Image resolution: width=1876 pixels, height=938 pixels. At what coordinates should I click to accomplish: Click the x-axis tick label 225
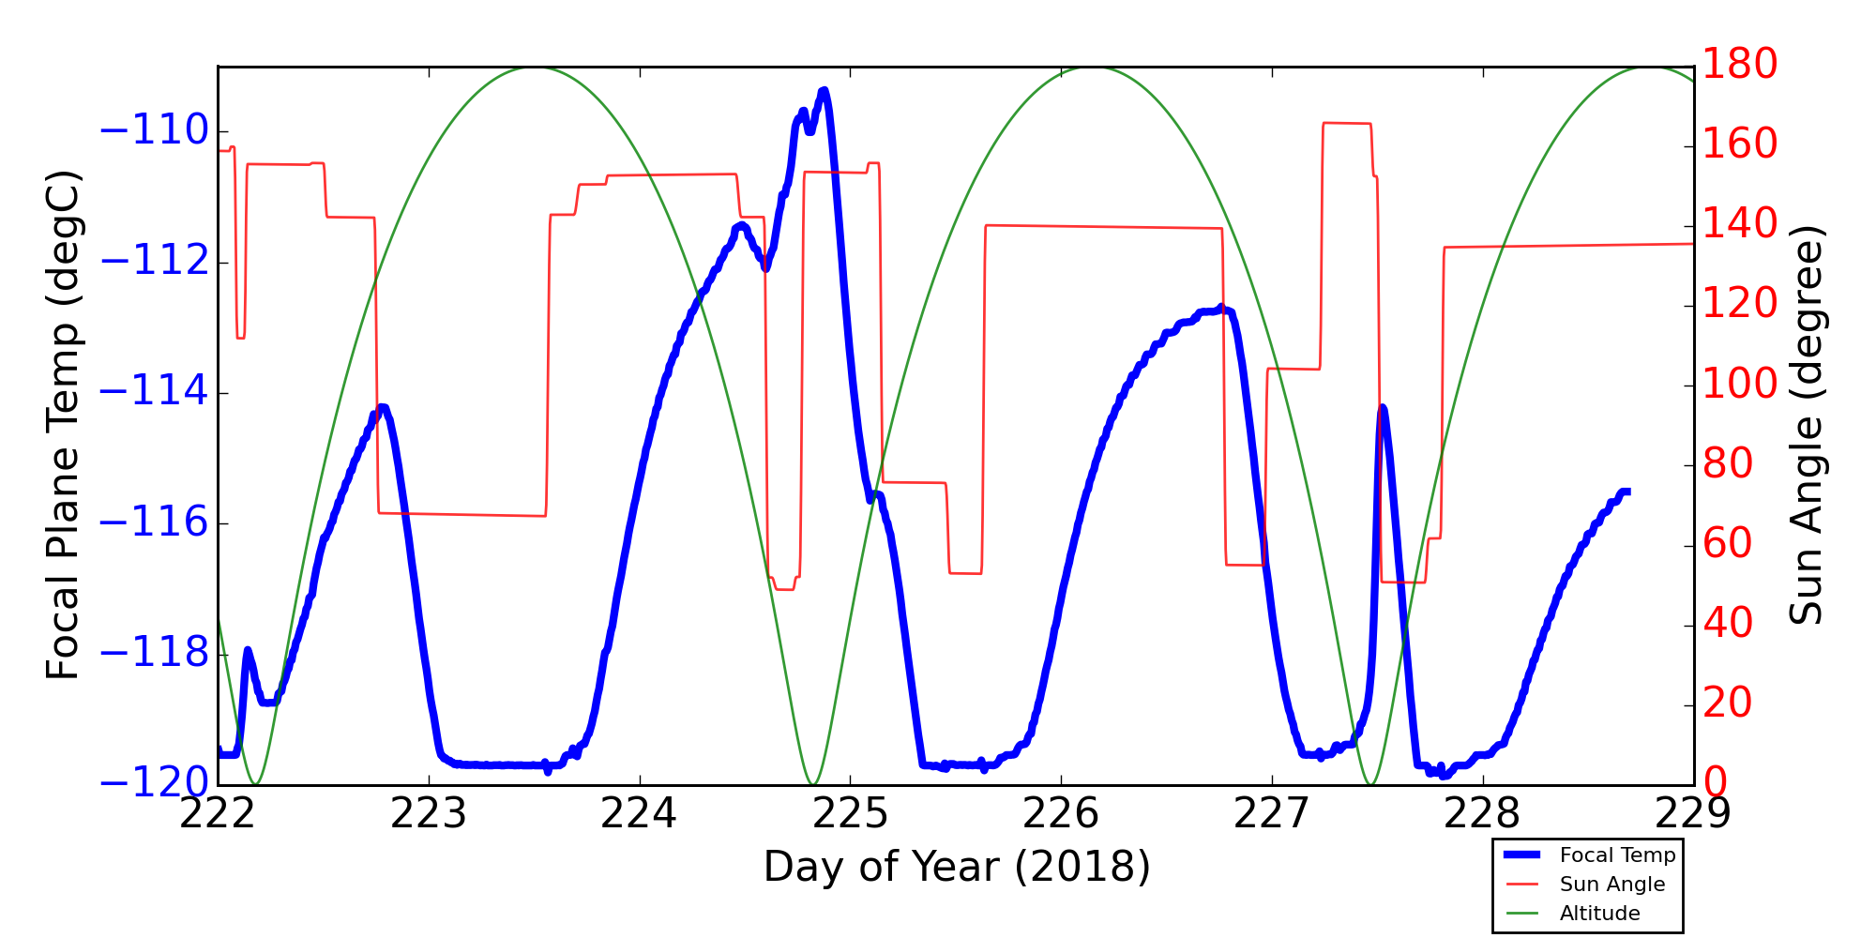[x=850, y=815]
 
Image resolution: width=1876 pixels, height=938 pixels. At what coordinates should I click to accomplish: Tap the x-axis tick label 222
[x=218, y=815]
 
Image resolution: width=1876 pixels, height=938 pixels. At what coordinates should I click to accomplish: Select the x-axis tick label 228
[x=1482, y=815]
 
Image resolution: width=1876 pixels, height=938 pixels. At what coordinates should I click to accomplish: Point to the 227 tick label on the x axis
[x=1271, y=815]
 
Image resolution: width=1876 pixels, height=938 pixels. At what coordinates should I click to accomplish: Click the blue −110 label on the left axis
[x=154, y=131]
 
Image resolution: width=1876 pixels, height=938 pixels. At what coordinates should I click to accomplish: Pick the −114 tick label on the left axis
[x=154, y=392]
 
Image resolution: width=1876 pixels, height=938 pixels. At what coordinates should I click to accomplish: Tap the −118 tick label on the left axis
[x=154, y=653]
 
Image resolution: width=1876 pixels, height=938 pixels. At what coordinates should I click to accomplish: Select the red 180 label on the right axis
[x=1740, y=65]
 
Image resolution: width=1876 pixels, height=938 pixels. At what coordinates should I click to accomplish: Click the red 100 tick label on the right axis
[x=1740, y=384]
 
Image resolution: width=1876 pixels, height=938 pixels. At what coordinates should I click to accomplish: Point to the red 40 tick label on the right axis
[x=1728, y=624]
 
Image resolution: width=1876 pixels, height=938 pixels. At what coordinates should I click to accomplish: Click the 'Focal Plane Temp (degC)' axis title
[x=64, y=425]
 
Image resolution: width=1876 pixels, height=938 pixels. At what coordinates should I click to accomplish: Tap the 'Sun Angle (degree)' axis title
[x=1806, y=425]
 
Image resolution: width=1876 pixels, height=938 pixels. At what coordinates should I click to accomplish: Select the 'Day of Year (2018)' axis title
[x=957, y=867]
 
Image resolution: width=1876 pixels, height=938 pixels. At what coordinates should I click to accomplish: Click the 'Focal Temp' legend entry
[x=1617, y=855]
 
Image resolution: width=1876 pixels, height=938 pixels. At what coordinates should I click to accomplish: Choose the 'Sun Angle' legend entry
[x=1611, y=885]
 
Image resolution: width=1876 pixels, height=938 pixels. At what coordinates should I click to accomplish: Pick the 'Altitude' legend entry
[x=1599, y=914]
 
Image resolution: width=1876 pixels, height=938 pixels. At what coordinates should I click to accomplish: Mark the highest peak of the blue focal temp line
[x=824, y=90]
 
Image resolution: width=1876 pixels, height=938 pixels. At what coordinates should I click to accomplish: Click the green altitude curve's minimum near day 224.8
[x=813, y=783]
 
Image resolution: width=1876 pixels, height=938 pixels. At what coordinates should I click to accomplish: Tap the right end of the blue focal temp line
[x=1628, y=492]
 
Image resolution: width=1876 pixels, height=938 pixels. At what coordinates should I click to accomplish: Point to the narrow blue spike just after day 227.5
[x=1383, y=408]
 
